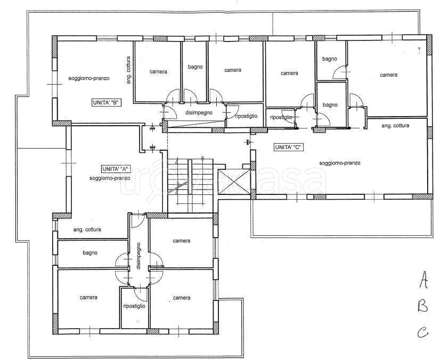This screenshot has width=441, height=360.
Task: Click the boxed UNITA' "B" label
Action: click(x=107, y=103)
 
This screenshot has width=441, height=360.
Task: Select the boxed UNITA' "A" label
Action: click(x=116, y=169)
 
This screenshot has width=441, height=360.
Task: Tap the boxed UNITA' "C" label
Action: click(x=289, y=147)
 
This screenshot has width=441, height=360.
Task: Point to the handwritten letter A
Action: click(x=423, y=279)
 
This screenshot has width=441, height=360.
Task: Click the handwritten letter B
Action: click(x=422, y=306)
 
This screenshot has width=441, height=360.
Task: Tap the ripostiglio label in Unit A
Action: click(x=134, y=306)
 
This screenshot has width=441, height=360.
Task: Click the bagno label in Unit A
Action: click(x=90, y=253)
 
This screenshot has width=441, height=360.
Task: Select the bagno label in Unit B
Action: click(x=195, y=67)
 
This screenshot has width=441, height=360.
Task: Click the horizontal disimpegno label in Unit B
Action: click(x=199, y=113)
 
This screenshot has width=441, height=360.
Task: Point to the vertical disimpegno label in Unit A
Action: click(x=138, y=256)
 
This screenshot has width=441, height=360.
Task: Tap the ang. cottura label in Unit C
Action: click(x=395, y=126)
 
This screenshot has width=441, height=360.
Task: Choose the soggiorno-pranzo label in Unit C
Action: click(x=340, y=163)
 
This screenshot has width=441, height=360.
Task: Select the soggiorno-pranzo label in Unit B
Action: click(x=89, y=78)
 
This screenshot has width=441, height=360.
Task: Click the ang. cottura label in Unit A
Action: click(x=87, y=230)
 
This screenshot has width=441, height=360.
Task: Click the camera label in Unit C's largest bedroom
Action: click(x=389, y=75)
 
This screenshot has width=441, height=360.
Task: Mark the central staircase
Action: click(x=190, y=185)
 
